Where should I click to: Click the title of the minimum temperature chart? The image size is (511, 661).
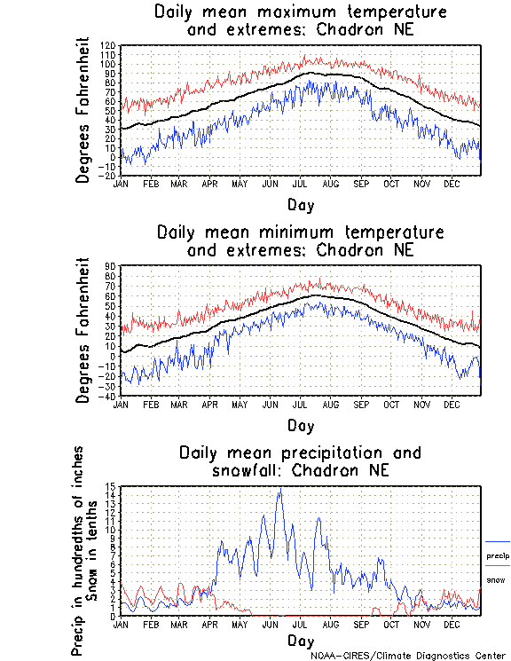click(x=300, y=241)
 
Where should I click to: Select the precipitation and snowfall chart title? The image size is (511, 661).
click(x=300, y=461)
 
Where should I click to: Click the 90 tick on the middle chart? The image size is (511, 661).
click(x=111, y=265)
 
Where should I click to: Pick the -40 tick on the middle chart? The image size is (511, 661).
click(x=108, y=396)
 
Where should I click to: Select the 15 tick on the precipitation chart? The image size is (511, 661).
click(x=111, y=486)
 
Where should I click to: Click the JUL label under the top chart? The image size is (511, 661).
click(x=299, y=184)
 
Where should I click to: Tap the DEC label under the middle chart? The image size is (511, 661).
click(x=452, y=404)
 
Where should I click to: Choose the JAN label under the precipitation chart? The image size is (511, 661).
click(x=121, y=624)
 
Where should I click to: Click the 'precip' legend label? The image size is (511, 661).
click(x=498, y=556)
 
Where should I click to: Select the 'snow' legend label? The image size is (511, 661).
click(x=495, y=579)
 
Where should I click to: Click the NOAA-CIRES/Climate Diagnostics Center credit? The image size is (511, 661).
click(x=408, y=656)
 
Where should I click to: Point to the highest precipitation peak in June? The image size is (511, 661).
click(x=280, y=490)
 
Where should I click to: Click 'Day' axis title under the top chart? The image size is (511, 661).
click(x=300, y=203)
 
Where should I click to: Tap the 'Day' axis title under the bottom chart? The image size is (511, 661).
click(x=300, y=641)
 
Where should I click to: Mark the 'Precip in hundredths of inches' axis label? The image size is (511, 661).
click(x=79, y=550)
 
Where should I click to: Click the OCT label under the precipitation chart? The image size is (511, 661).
click(x=391, y=624)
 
